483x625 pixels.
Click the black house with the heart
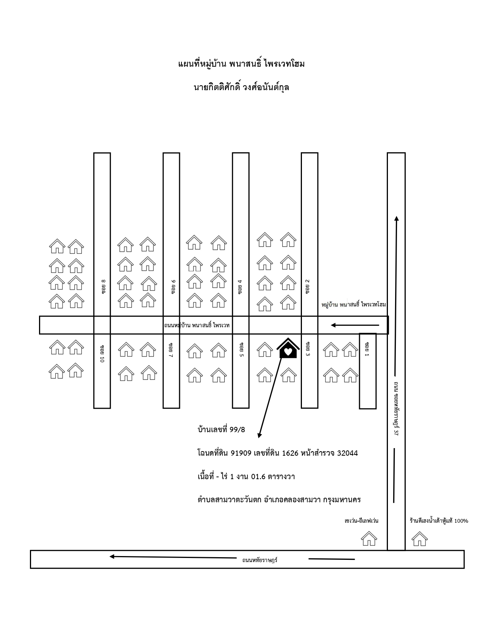click(288, 348)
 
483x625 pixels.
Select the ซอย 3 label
click(308, 349)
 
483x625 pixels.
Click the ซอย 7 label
click(171, 350)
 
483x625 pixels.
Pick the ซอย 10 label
click(102, 353)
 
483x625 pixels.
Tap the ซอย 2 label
click(308, 286)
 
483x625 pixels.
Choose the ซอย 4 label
click(240, 287)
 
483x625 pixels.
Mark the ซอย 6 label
click(173, 287)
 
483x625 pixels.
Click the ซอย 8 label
click(103, 286)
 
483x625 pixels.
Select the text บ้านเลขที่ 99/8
click(221, 430)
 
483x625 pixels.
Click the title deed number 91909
click(241, 453)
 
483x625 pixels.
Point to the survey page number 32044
click(347, 453)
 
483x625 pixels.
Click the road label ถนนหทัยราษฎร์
click(260, 560)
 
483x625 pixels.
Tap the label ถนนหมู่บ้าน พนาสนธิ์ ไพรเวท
click(197, 325)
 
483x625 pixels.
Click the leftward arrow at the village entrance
click(355, 325)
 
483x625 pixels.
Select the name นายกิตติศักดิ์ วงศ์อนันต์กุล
click(241, 87)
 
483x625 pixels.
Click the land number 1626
click(290, 453)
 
